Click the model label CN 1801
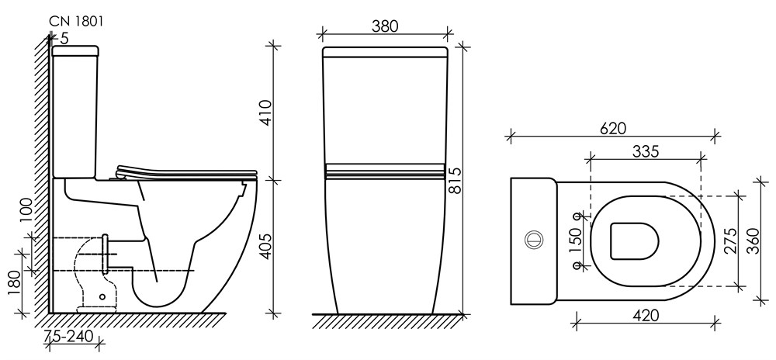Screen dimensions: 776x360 click(x=76, y=21)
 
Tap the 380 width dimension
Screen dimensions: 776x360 click(x=385, y=26)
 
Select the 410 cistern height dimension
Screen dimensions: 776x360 click(x=265, y=112)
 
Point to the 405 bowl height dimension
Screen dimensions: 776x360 click(x=265, y=246)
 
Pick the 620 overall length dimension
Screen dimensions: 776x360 click(x=613, y=128)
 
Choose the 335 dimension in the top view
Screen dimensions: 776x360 click(x=646, y=152)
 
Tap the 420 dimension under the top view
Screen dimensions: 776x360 click(x=646, y=316)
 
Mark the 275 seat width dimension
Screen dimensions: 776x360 click(x=729, y=241)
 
